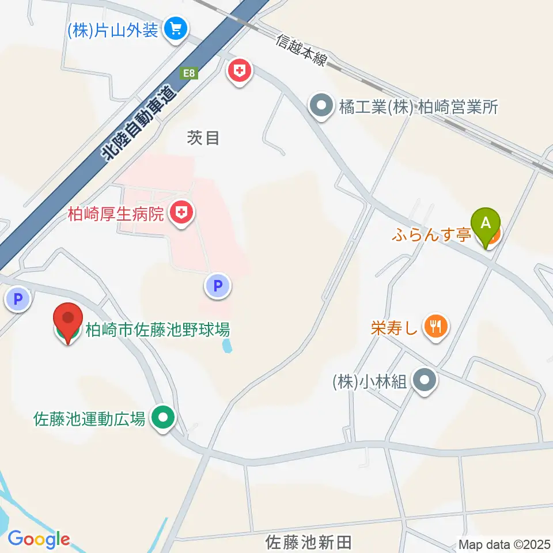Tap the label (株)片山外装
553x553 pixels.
113,30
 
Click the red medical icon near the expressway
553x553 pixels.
240,72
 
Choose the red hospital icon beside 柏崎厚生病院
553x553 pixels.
181,214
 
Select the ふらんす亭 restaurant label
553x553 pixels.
433,234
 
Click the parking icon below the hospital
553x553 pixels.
218,286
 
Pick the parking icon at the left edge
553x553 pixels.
17,299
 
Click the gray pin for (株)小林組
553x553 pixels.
426,380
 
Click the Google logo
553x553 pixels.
39,540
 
